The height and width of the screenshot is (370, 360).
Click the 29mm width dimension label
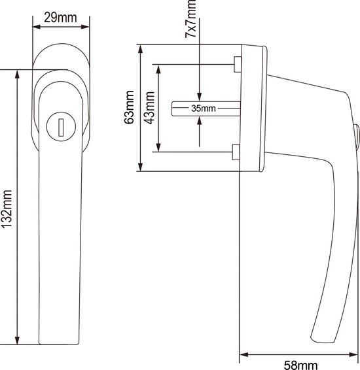[x=60, y=18]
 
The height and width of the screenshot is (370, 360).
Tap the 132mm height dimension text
[x=7, y=209]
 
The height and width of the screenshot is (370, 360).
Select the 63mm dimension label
[x=129, y=107]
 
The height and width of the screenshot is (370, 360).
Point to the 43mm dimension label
[x=149, y=108]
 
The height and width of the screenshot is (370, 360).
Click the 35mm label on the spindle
[x=204, y=109]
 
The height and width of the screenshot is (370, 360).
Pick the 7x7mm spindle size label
[x=190, y=19]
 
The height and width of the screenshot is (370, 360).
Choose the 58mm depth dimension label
[x=300, y=365]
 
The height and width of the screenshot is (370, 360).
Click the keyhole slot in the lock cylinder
[x=61, y=127]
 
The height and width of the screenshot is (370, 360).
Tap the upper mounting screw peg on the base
[x=238, y=64]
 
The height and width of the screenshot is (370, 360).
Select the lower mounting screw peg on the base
[x=236, y=152]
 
